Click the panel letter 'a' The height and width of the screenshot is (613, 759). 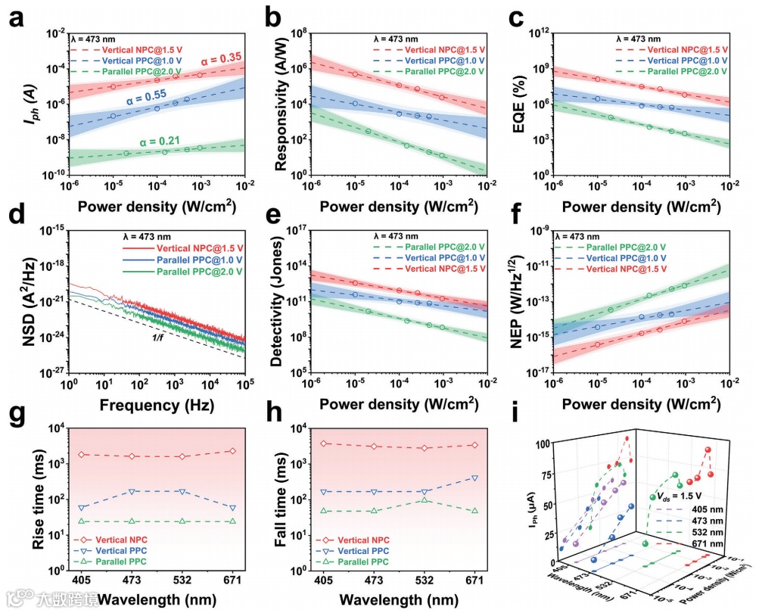click(x=14, y=17)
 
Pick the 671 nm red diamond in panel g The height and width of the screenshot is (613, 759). click(x=232, y=451)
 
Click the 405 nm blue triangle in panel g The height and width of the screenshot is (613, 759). click(x=82, y=507)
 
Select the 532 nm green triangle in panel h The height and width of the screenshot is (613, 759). click(x=425, y=499)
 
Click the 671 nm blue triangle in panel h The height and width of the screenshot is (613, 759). click(x=474, y=478)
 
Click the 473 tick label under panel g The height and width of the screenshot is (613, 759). click(x=132, y=580)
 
